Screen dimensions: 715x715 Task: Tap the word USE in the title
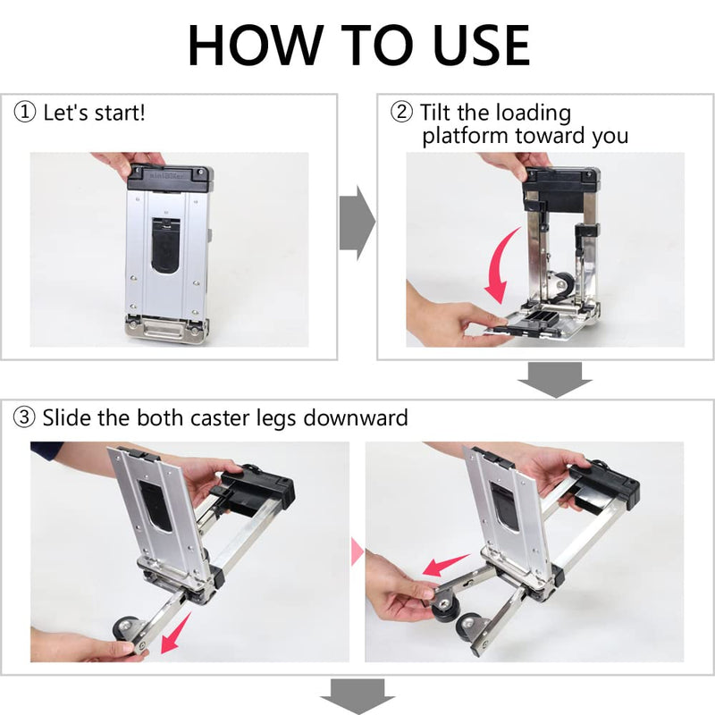coord(482,45)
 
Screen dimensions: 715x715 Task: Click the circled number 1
coord(25,112)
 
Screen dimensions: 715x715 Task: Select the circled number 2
coord(401,112)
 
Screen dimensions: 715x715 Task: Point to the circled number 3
coord(24,416)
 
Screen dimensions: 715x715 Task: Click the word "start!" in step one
coord(117,113)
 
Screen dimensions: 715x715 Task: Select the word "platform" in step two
coord(465,136)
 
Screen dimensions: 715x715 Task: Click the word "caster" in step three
coord(220,418)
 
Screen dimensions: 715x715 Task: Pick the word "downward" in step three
coord(355,417)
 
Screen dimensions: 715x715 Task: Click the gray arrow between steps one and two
coord(357,223)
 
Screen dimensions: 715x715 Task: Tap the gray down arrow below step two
coord(555,380)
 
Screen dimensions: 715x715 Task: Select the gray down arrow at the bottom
coord(357,697)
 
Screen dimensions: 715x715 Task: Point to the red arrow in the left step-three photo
coord(175,634)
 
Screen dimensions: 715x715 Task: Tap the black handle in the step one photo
coord(170,178)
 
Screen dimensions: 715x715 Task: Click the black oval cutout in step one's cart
coord(165,247)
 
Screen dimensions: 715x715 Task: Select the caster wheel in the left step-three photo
coord(127,630)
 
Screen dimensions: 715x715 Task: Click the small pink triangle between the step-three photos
coord(357,551)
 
